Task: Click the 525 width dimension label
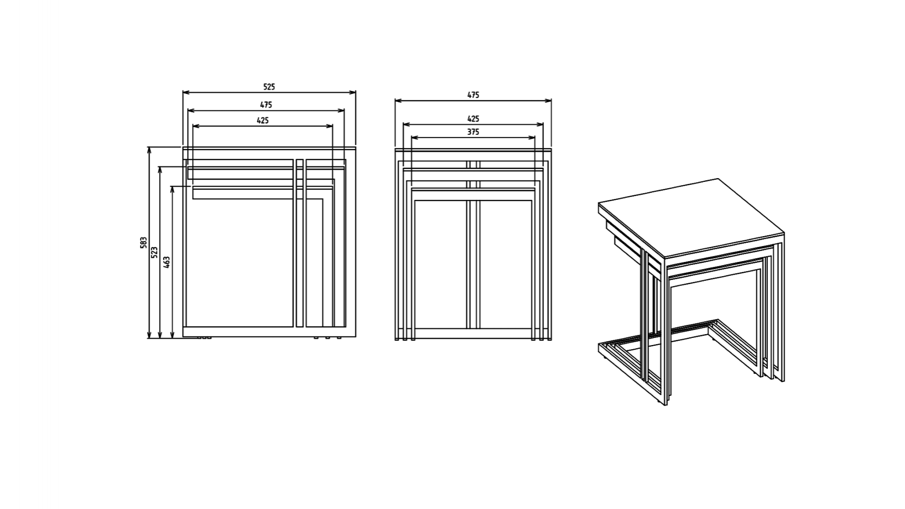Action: [x=269, y=87]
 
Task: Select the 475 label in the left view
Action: [x=266, y=105]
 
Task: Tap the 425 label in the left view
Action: [x=263, y=121]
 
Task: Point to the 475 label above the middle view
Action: [x=473, y=95]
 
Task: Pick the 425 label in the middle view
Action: [x=473, y=119]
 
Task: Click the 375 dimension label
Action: [x=473, y=132]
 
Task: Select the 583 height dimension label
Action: [x=144, y=243]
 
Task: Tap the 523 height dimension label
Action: [x=155, y=252]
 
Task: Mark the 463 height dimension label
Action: [x=166, y=263]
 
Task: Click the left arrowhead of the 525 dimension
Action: [x=186, y=93]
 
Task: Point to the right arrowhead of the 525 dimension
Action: [x=352, y=93]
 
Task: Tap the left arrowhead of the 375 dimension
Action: [x=415, y=138]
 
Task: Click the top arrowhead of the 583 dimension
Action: [x=149, y=151]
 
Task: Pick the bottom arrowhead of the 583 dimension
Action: [x=149, y=334]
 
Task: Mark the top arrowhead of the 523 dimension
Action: [x=160, y=170]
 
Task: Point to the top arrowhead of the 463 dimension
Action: [x=172, y=190]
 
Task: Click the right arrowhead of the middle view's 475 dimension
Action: [x=548, y=101]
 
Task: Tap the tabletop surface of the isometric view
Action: [x=691, y=217]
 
